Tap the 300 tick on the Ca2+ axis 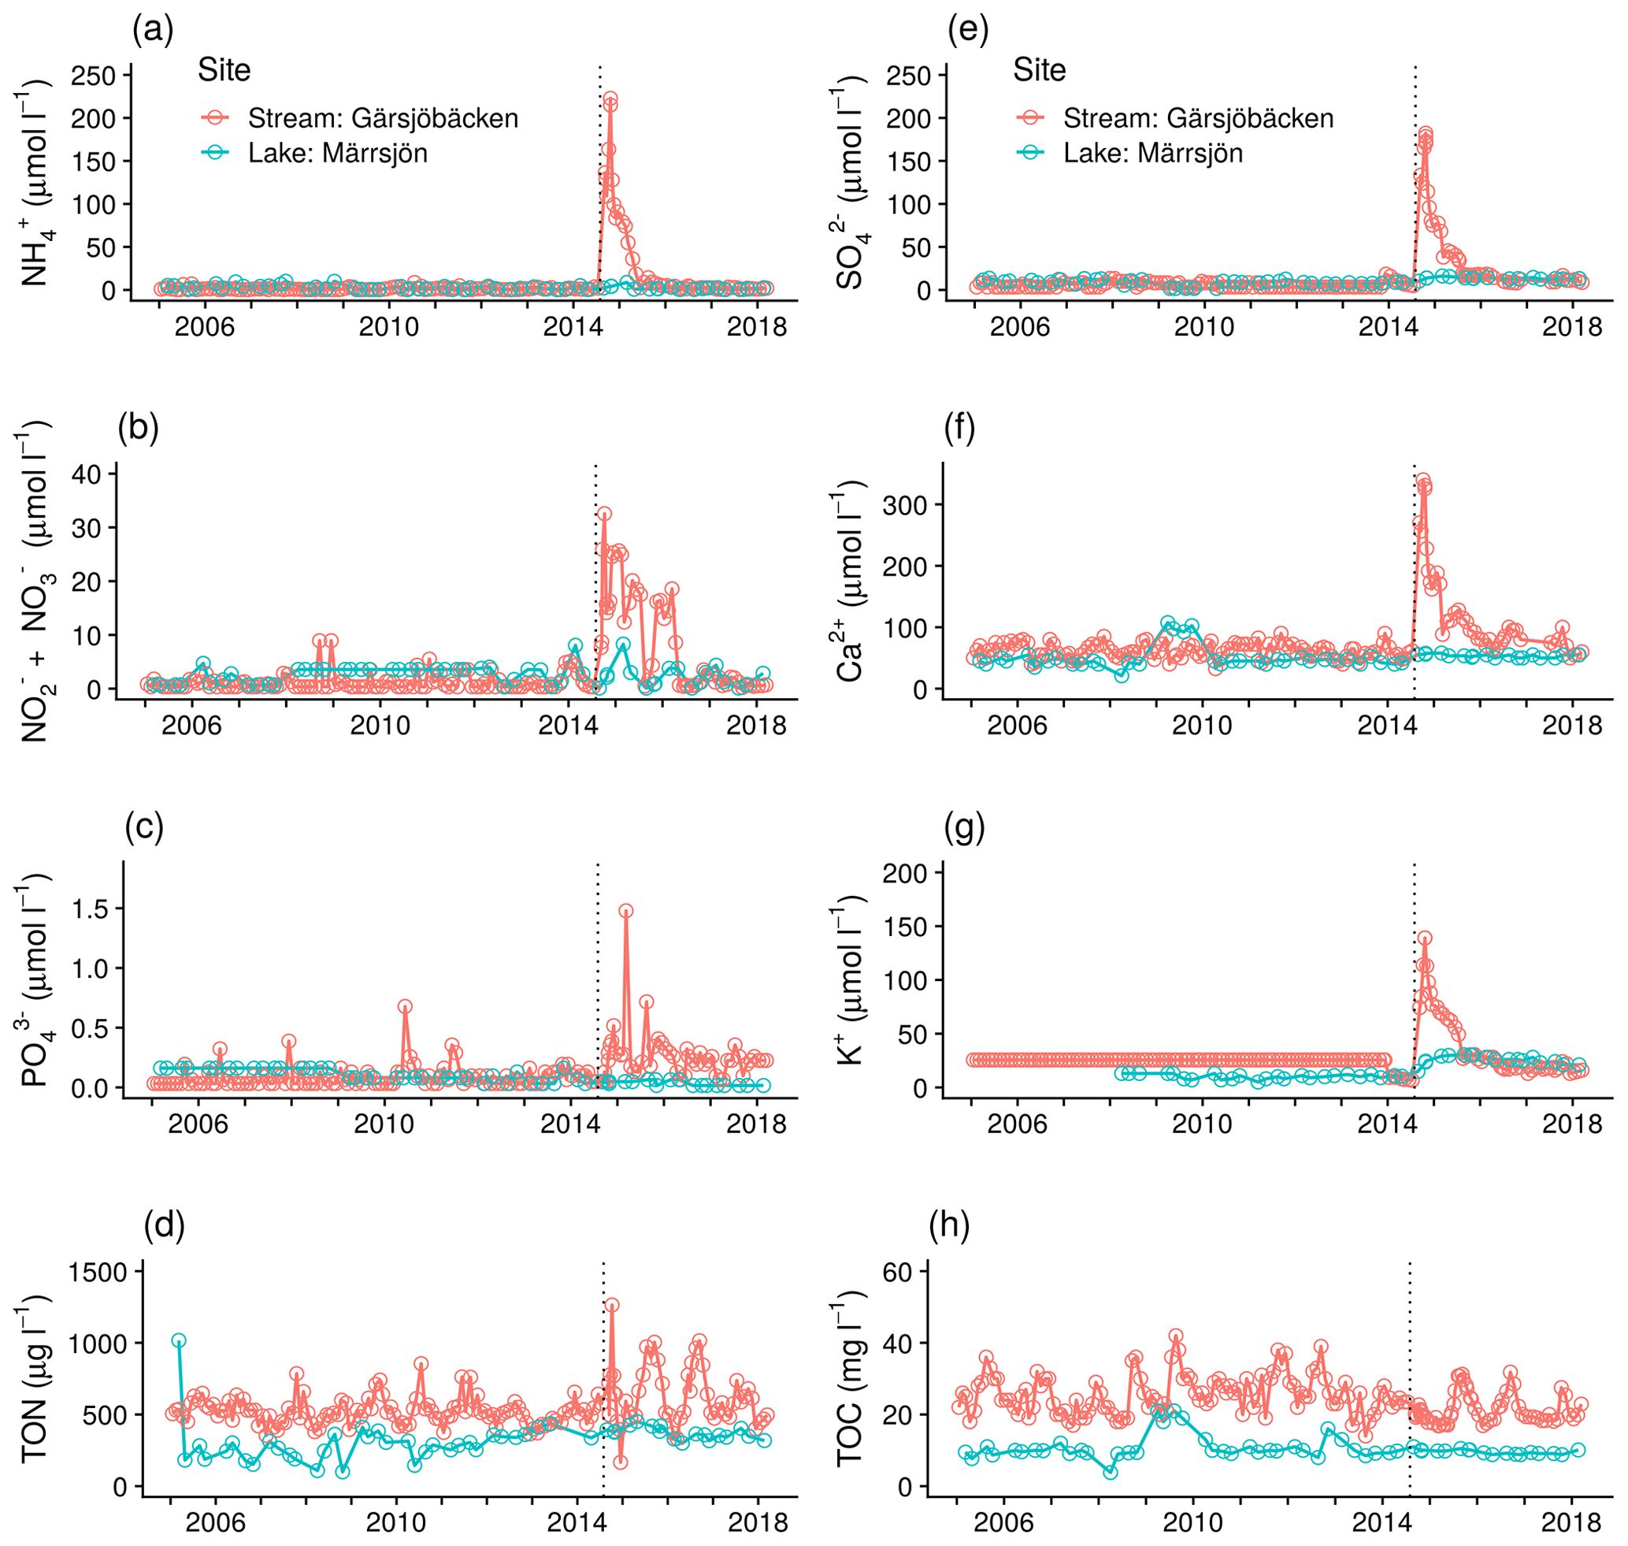(902, 505)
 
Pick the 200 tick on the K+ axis (902, 873)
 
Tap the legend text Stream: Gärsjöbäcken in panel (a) (383, 119)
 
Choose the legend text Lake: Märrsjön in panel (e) (1152, 154)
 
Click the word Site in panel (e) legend (1040, 70)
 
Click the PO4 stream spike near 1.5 (626, 912)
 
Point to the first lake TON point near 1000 (179, 1341)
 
